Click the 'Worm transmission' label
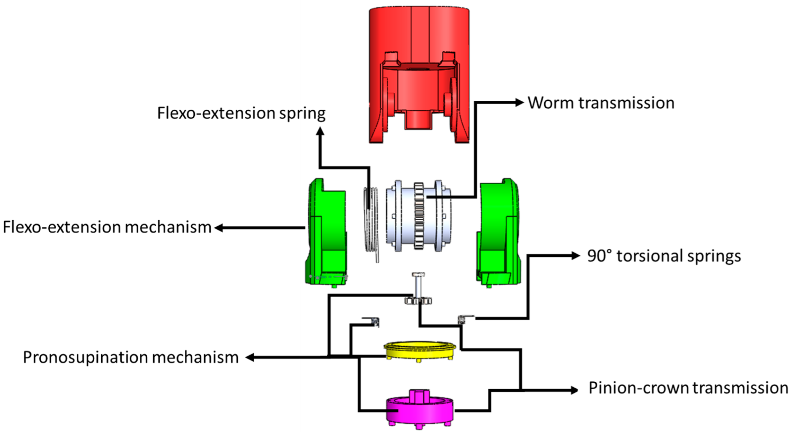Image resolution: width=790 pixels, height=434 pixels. [601, 103]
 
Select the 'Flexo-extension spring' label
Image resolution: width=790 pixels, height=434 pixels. [241, 113]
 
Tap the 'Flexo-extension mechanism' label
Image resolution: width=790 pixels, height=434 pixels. [107, 227]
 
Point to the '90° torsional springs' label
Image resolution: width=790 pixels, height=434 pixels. [664, 256]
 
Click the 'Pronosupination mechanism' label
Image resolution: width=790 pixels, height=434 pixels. [131, 357]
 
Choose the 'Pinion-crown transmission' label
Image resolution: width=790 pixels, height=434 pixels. [688, 388]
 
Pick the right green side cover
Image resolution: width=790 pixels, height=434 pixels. [498, 232]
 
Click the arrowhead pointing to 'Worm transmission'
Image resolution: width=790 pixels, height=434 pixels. [519, 103]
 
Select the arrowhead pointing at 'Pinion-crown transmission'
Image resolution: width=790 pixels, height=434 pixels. [574, 390]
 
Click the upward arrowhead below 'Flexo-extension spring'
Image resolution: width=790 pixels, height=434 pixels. [320, 132]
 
